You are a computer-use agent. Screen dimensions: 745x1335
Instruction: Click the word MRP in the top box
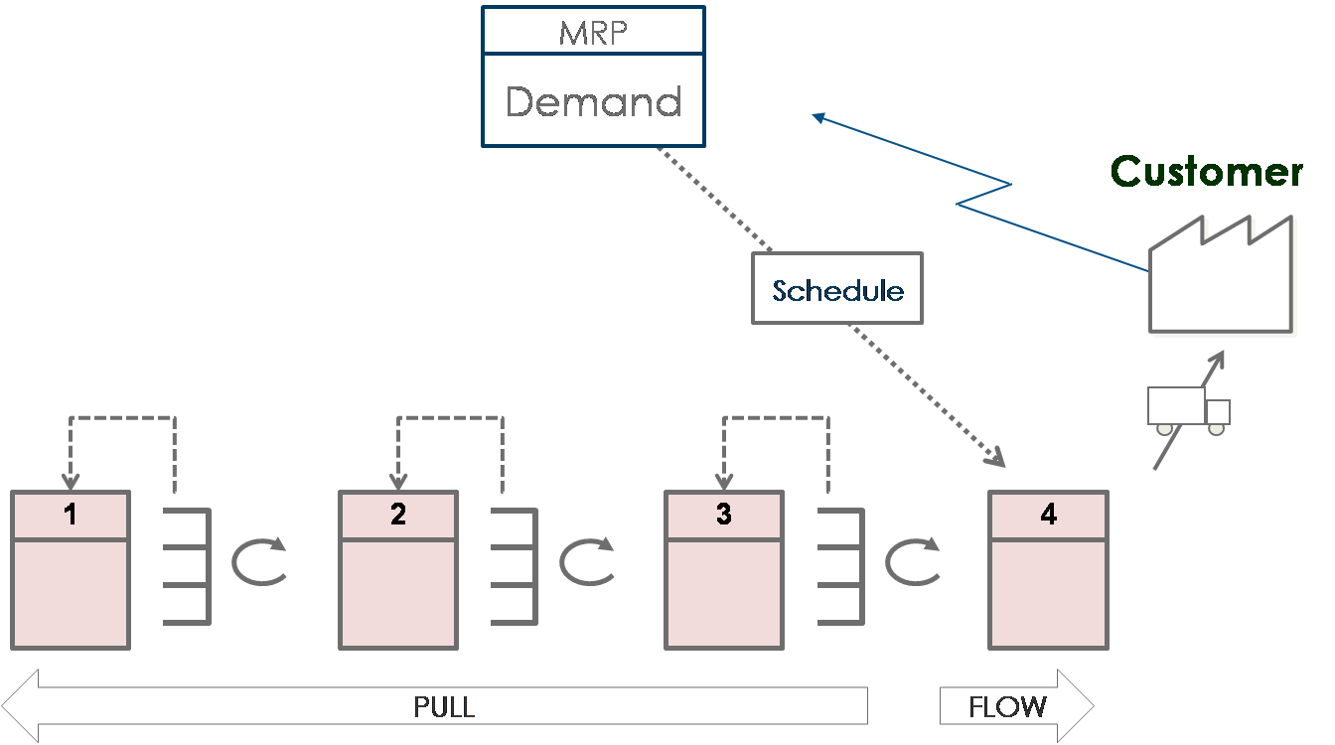point(593,32)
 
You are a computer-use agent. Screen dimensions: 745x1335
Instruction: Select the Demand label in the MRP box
point(593,101)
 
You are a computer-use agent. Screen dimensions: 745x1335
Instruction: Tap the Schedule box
point(837,289)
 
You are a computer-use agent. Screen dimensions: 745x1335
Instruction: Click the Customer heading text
point(1206,171)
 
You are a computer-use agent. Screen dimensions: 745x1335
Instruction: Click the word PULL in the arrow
point(444,707)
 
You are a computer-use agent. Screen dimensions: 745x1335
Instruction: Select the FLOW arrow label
point(1007,707)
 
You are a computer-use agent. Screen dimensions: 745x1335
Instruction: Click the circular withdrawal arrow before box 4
point(912,562)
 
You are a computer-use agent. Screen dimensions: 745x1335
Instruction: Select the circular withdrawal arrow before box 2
point(258,562)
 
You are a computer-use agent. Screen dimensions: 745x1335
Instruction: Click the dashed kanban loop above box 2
point(450,418)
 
